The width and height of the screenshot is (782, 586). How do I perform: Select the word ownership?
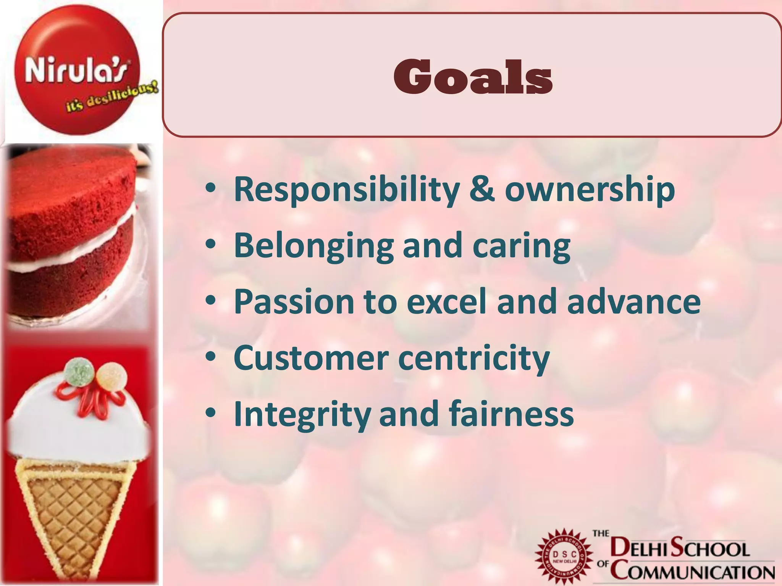click(x=590, y=190)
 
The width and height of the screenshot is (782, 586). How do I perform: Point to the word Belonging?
click(x=313, y=246)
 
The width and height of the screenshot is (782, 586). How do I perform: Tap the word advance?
click(x=633, y=301)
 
